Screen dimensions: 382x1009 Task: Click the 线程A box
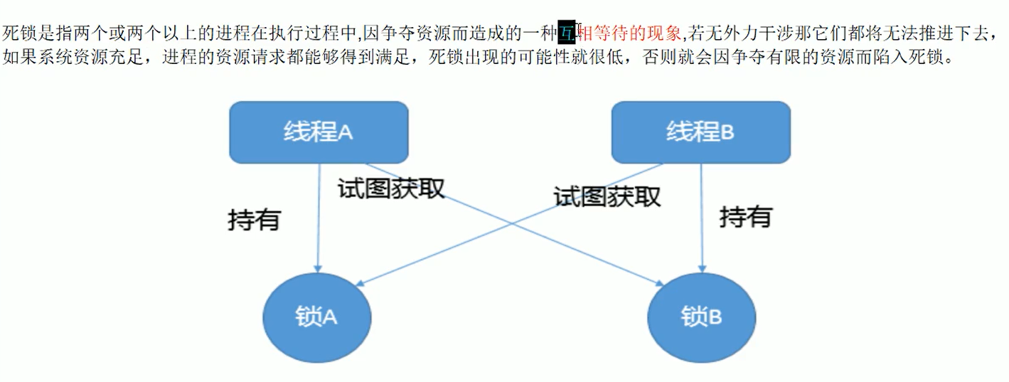(x=318, y=132)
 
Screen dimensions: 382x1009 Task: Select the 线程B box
(x=700, y=132)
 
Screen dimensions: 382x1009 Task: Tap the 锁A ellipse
(x=316, y=317)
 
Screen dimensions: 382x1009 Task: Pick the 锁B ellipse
(x=701, y=317)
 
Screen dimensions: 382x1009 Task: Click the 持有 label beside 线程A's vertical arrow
(x=254, y=220)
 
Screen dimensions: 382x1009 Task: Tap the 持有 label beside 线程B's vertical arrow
(x=745, y=216)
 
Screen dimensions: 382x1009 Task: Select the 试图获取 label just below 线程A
(x=390, y=188)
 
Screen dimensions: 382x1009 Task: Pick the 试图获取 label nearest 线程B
(x=607, y=196)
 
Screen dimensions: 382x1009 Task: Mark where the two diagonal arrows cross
(x=511, y=223)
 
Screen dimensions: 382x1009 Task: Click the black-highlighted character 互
(x=566, y=33)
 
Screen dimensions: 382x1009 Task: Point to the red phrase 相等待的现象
(x=631, y=33)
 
